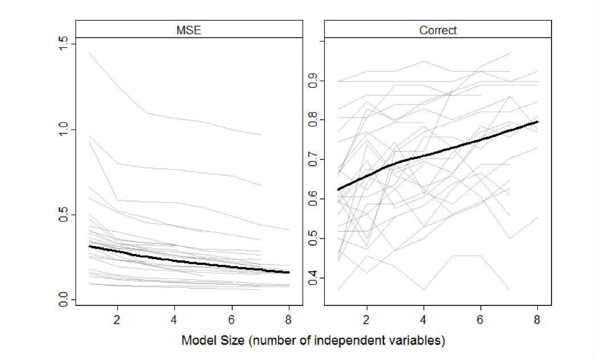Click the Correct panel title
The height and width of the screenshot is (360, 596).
pyautogui.click(x=438, y=30)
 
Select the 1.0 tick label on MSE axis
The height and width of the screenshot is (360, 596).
pyautogui.click(x=64, y=129)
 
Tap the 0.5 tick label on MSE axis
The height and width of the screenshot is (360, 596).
pyautogui.click(x=64, y=214)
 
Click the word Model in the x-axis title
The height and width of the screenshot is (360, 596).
pyautogui.click(x=197, y=341)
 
